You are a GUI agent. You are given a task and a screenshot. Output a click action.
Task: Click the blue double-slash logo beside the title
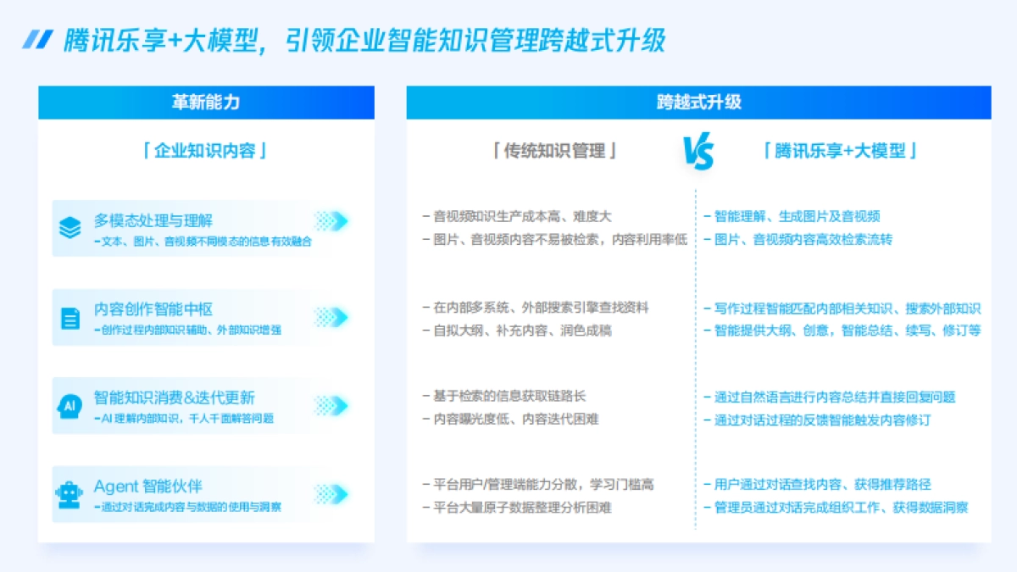click(37, 39)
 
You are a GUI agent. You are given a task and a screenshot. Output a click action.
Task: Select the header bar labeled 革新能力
click(206, 103)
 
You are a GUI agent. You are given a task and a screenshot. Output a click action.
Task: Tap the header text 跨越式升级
click(698, 103)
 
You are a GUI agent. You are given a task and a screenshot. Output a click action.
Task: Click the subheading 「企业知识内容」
click(206, 152)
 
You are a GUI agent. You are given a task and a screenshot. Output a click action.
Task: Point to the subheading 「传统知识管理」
click(555, 152)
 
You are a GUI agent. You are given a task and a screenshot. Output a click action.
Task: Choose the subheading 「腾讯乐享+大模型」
click(840, 152)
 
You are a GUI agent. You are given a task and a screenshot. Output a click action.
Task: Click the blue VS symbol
click(698, 153)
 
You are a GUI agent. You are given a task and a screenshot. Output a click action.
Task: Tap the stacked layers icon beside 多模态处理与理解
click(70, 228)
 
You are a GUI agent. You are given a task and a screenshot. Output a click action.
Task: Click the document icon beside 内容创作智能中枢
click(70, 318)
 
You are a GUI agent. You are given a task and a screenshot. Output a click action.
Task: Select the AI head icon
click(70, 406)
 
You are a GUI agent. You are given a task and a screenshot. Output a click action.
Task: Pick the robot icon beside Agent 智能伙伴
click(70, 494)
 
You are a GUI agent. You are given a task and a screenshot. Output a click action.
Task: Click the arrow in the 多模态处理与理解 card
click(331, 221)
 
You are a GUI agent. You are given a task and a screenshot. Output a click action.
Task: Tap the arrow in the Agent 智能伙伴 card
click(331, 494)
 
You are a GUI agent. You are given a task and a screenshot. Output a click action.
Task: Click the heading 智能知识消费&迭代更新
click(175, 397)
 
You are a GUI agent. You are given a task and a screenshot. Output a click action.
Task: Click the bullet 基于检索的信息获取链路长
click(509, 396)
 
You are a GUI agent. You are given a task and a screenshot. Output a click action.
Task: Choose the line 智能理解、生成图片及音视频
click(797, 217)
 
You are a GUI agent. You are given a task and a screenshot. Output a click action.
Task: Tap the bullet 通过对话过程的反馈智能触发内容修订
click(822, 419)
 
